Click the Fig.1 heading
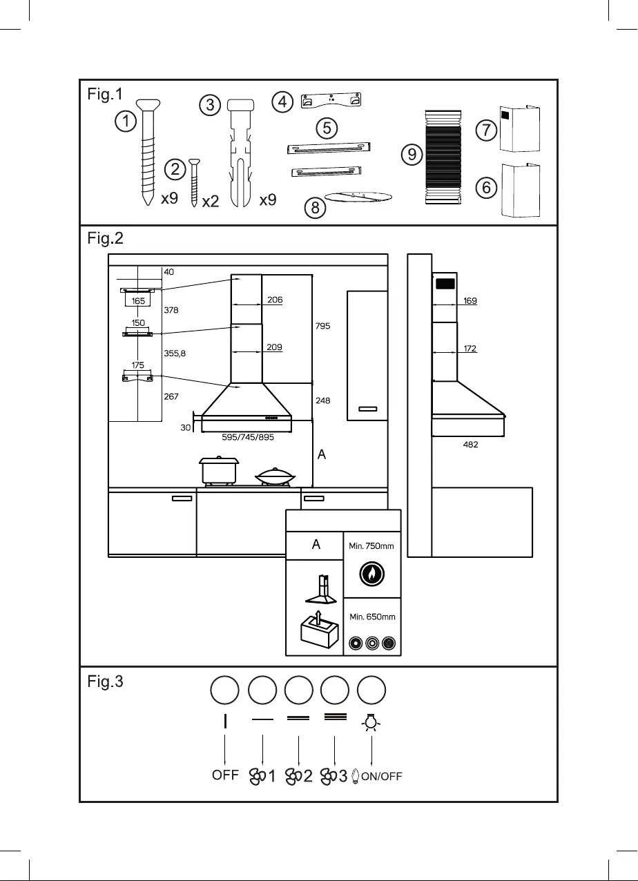click(106, 95)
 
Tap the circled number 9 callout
click(412, 155)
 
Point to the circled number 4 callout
click(281, 102)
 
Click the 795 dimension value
click(323, 326)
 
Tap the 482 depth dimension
click(470, 445)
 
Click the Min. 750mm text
click(371, 546)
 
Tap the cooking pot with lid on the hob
click(218, 470)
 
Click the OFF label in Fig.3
click(225, 775)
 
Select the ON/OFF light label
click(381, 777)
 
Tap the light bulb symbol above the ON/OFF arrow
click(372, 722)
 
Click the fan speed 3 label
click(333, 776)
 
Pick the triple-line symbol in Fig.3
click(335, 717)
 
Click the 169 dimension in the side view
click(470, 301)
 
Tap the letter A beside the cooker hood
click(321, 455)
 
